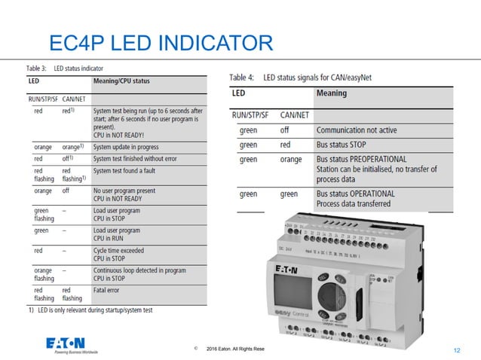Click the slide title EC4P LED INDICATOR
160,42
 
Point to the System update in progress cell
126,147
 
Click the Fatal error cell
109,287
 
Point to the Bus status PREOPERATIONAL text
361,160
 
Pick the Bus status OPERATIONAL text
355,194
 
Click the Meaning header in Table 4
332,93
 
